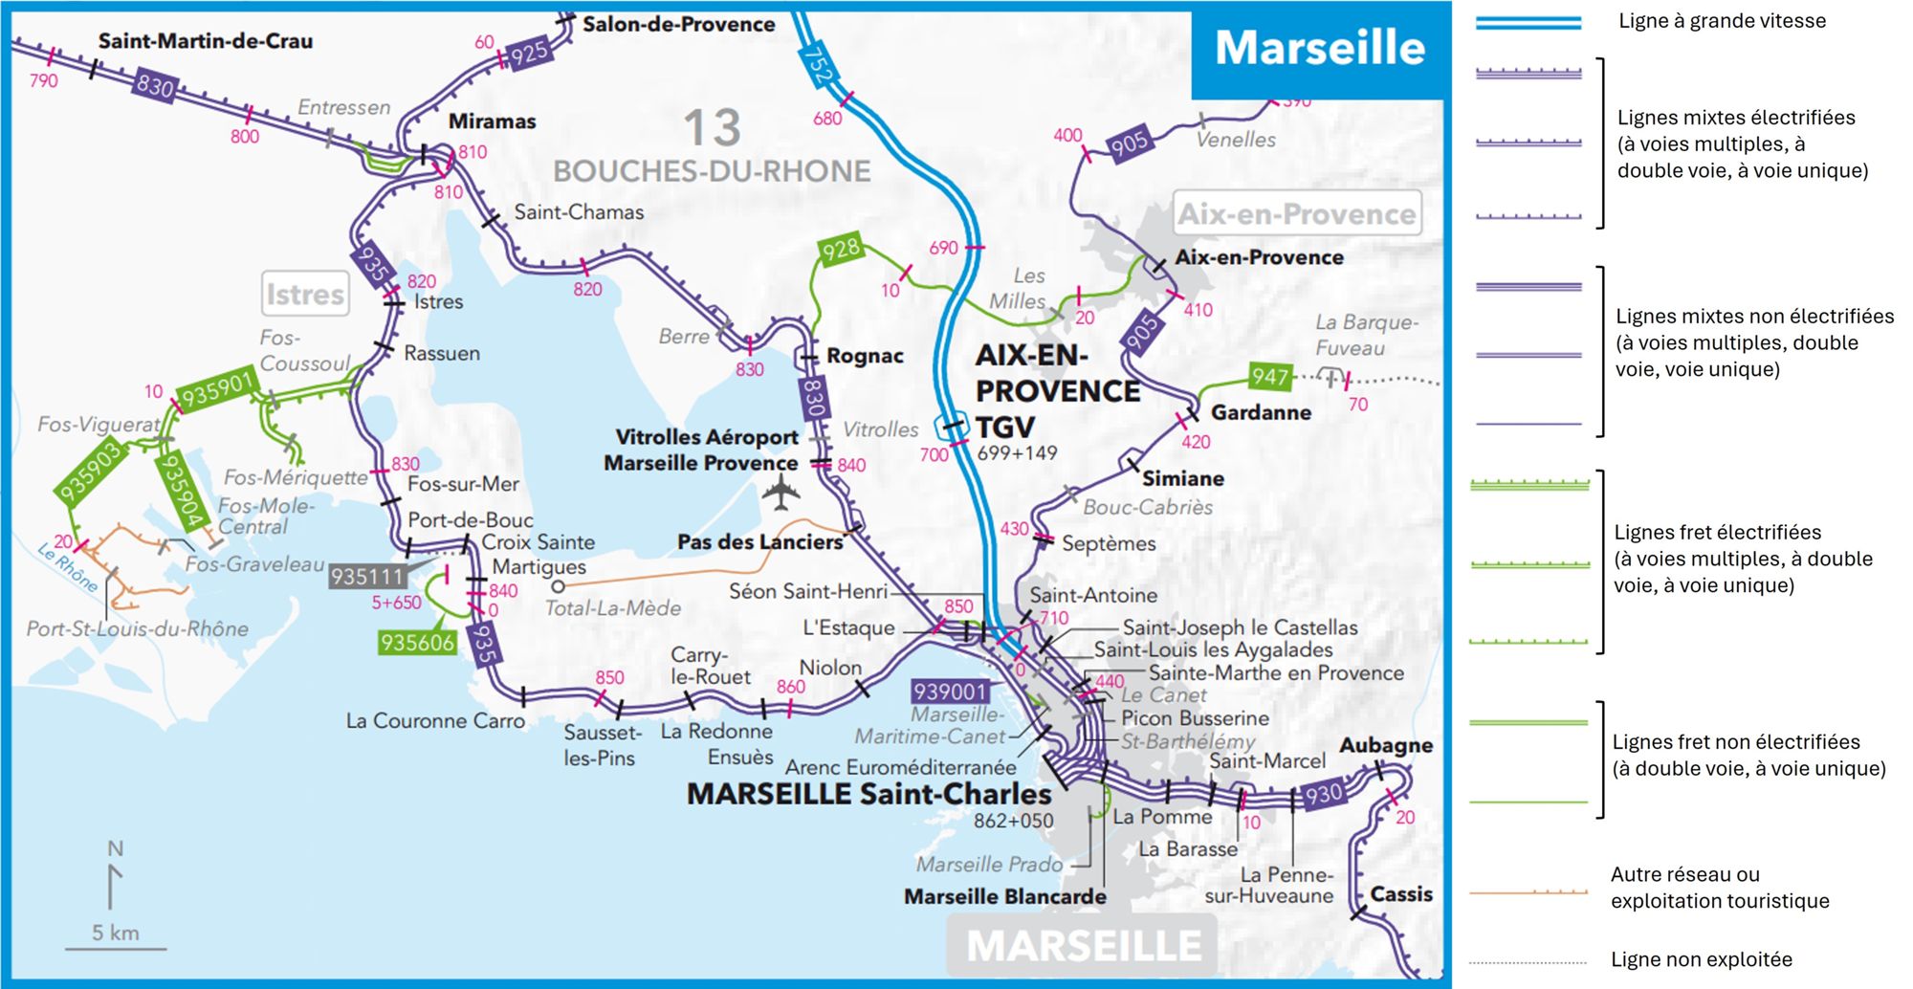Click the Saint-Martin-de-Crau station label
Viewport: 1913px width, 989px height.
tap(205, 41)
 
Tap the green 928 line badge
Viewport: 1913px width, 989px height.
tap(841, 250)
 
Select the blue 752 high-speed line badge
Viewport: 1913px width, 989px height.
tap(818, 65)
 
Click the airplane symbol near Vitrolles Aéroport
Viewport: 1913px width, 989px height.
tap(781, 494)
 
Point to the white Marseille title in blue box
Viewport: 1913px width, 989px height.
tap(1319, 48)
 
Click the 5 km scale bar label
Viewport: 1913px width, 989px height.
tap(116, 933)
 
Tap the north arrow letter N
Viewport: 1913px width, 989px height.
tap(116, 848)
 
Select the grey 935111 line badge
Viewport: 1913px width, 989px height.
tap(367, 577)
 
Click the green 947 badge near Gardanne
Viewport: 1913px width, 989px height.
tap(1269, 377)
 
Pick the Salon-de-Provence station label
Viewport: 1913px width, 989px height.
tap(678, 24)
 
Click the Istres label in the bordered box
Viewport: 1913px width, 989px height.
tap(305, 295)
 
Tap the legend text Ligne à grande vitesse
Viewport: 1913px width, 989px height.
tap(1722, 21)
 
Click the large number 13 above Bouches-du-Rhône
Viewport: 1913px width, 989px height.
tap(712, 128)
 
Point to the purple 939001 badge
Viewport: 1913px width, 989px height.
tap(950, 692)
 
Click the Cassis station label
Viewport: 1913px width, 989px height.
tap(1400, 894)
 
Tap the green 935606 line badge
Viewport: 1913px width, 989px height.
tap(416, 643)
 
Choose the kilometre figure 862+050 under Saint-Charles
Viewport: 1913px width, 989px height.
tap(1013, 821)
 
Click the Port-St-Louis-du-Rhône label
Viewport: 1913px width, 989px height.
tap(138, 628)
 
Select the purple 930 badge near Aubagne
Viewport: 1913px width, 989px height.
tap(1325, 794)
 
